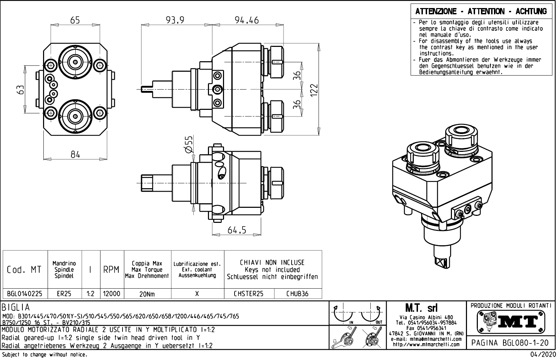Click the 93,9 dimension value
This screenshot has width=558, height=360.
pyautogui.click(x=175, y=20)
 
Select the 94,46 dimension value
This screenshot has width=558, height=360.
pyautogui.click(x=246, y=20)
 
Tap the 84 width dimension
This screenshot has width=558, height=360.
pyautogui.click(x=75, y=154)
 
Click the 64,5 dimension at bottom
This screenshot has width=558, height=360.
pyautogui.click(x=237, y=230)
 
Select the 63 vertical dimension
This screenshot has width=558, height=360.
pyautogui.click(x=21, y=90)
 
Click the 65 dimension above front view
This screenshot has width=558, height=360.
pyautogui.click(x=75, y=20)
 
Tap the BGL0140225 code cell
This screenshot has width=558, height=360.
pyautogui.click(x=25, y=294)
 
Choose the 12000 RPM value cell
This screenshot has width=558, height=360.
pyautogui.click(x=112, y=294)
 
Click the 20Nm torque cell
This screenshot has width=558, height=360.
pyautogui.click(x=147, y=294)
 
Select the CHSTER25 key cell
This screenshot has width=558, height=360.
pyautogui.click(x=249, y=294)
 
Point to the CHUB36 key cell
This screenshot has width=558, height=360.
pyautogui.click(x=298, y=294)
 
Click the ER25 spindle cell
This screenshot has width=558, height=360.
pyautogui.click(x=64, y=294)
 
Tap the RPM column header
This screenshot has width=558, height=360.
pyautogui.click(x=112, y=270)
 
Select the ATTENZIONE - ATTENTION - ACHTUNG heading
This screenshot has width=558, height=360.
pyautogui.click(x=481, y=12)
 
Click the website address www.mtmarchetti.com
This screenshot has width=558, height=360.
pyautogui.click(x=426, y=345)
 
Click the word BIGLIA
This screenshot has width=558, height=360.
pyautogui.click(x=16, y=308)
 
